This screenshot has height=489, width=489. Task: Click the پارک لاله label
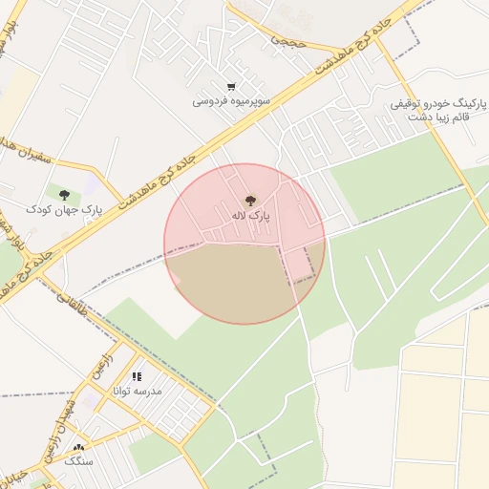[251, 217]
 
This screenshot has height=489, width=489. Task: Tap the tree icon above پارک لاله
[250, 201]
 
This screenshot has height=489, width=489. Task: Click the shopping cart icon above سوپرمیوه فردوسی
[232, 86]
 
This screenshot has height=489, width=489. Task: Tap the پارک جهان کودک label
[63, 208]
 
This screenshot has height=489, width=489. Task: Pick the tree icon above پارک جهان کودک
[64, 194]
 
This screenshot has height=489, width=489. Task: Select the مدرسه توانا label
[138, 391]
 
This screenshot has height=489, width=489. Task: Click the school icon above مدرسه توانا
[137, 376]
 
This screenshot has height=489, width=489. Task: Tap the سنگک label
[79, 460]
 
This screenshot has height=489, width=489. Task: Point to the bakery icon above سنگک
[78, 447]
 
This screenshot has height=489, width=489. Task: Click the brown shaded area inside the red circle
[229, 282]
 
